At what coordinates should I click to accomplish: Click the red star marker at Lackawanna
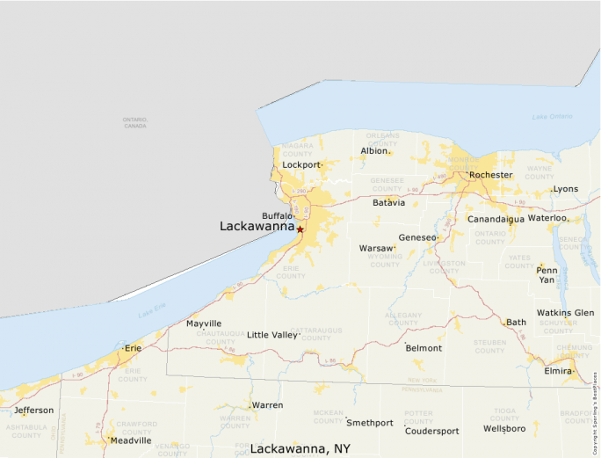[300, 229]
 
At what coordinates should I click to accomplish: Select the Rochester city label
[490, 175]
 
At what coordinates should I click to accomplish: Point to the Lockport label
[301, 164]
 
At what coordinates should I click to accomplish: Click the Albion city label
[374, 151]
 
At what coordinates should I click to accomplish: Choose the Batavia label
[389, 202]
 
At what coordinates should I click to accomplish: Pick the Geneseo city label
[416, 237]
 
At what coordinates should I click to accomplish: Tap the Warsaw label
[376, 249]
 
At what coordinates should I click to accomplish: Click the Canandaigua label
[496, 218]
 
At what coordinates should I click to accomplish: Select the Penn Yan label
[547, 274]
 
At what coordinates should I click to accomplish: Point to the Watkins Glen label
[565, 313]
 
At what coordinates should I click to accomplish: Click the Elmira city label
[558, 371]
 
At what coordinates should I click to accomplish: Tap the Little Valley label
[272, 335]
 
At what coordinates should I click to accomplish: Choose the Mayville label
[204, 324]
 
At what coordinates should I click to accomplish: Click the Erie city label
[133, 348]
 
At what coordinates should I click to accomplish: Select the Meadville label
[130, 440]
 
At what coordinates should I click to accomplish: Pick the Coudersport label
[431, 431]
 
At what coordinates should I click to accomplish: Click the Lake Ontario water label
[552, 117]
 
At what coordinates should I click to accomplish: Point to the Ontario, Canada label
[134, 122]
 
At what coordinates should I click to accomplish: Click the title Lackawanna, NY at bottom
[300, 448]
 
